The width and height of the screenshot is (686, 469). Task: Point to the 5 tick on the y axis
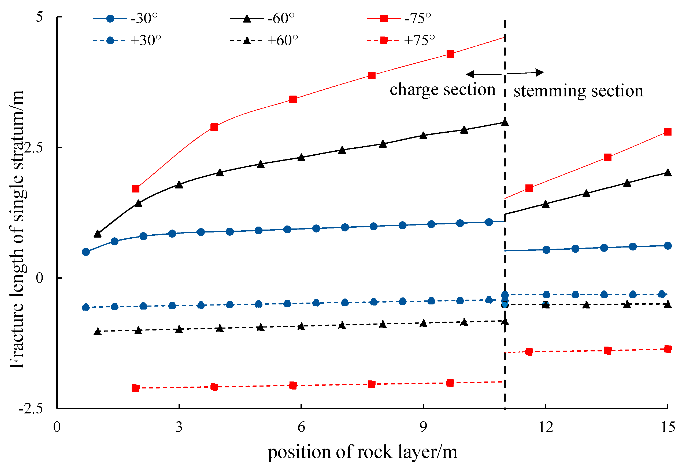coord(39,17)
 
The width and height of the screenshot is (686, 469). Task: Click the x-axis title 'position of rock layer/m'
coord(362,452)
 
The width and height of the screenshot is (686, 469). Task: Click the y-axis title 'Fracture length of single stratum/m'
coord(17,229)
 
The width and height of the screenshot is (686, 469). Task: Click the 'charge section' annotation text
coord(442,90)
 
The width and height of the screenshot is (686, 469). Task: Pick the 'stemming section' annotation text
coord(578,91)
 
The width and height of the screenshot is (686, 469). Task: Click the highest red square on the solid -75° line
coord(450,54)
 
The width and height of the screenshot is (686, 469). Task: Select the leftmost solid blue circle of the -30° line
coord(86,252)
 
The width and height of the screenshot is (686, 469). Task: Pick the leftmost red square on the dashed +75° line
coord(135,388)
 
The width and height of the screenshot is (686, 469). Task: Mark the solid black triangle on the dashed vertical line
coord(505,123)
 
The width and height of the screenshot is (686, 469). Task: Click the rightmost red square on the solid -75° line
coord(668,132)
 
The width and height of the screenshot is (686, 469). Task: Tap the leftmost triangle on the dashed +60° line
coord(97,332)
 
